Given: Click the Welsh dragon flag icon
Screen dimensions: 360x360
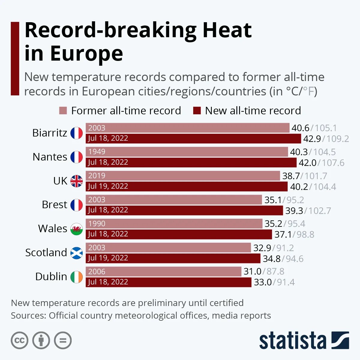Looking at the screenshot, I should click(76, 229).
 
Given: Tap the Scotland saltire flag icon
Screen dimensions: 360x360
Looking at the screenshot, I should click(76, 253).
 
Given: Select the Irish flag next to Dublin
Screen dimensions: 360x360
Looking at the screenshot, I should click(76, 277).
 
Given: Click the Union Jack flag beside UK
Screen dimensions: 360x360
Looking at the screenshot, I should click(76, 181).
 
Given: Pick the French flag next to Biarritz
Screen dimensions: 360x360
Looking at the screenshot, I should click(76, 133).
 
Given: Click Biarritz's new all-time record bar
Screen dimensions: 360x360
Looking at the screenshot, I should click(193, 138).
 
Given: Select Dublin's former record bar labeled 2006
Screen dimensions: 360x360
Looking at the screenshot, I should click(163, 271).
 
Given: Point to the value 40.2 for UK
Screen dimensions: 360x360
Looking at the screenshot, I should click(299, 187).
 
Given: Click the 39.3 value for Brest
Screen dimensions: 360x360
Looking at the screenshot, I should click(294, 211).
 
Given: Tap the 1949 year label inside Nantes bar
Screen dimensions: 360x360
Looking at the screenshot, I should click(97, 152).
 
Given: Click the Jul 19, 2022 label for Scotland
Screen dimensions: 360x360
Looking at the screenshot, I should click(108, 258).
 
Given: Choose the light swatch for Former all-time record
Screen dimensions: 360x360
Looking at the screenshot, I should click(63, 111).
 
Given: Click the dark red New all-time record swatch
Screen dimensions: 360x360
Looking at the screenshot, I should click(197, 111).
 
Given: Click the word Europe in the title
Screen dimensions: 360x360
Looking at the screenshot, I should click(86, 53).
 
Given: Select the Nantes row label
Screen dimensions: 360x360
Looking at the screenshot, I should click(50, 157).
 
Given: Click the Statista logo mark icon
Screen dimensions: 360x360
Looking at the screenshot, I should click(340, 340).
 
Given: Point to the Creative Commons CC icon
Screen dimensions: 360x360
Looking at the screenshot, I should click(19, 340).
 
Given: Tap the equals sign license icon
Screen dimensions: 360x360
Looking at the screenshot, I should click(63, 340).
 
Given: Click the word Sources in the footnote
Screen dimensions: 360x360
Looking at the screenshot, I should click(28, 316).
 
